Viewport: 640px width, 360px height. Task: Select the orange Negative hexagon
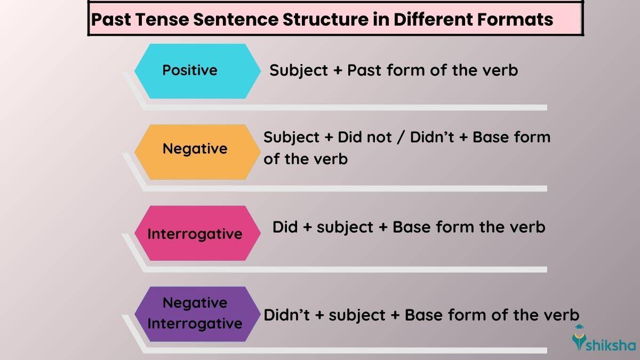click(x=195, y=149)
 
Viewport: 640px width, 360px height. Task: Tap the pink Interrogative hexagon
click(x=195, y=234)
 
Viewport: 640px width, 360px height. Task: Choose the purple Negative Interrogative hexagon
click(x=195, y=314)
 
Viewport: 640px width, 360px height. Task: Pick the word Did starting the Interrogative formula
click(x=285, y=227)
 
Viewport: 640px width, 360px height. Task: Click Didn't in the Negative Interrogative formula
click(x=286, y=315)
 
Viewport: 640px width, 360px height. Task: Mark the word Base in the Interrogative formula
click(x=412, y=227)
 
